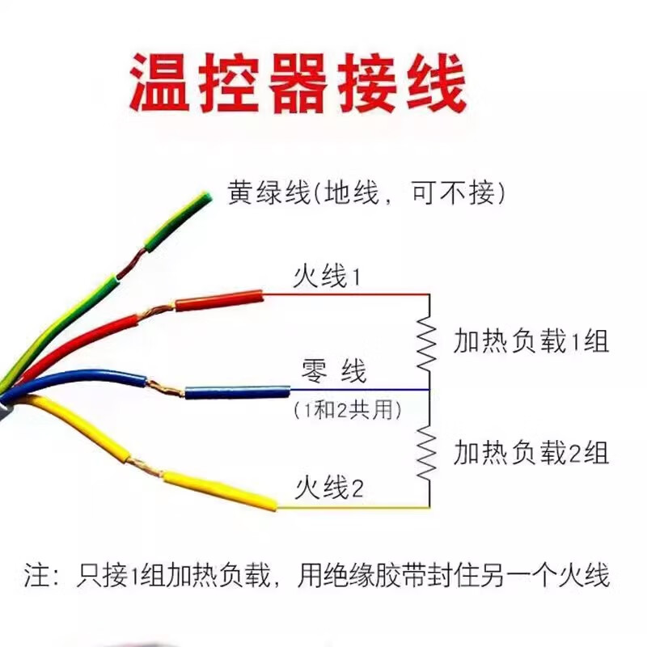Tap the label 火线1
point(327,277)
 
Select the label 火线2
point(329,488)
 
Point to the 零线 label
point(334,371)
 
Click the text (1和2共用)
point(348,411)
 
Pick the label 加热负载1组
point(531,341)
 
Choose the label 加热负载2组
point(531,453)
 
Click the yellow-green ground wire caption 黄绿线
point(269,192)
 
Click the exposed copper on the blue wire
point(165,388)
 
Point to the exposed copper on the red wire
point(156,311)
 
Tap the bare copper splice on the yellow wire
point(146,467)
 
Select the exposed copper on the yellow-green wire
point(130,264)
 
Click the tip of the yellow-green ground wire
point(209,196)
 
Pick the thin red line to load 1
point(346,294)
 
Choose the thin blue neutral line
point(360,390)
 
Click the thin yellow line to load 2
point(353,507)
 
